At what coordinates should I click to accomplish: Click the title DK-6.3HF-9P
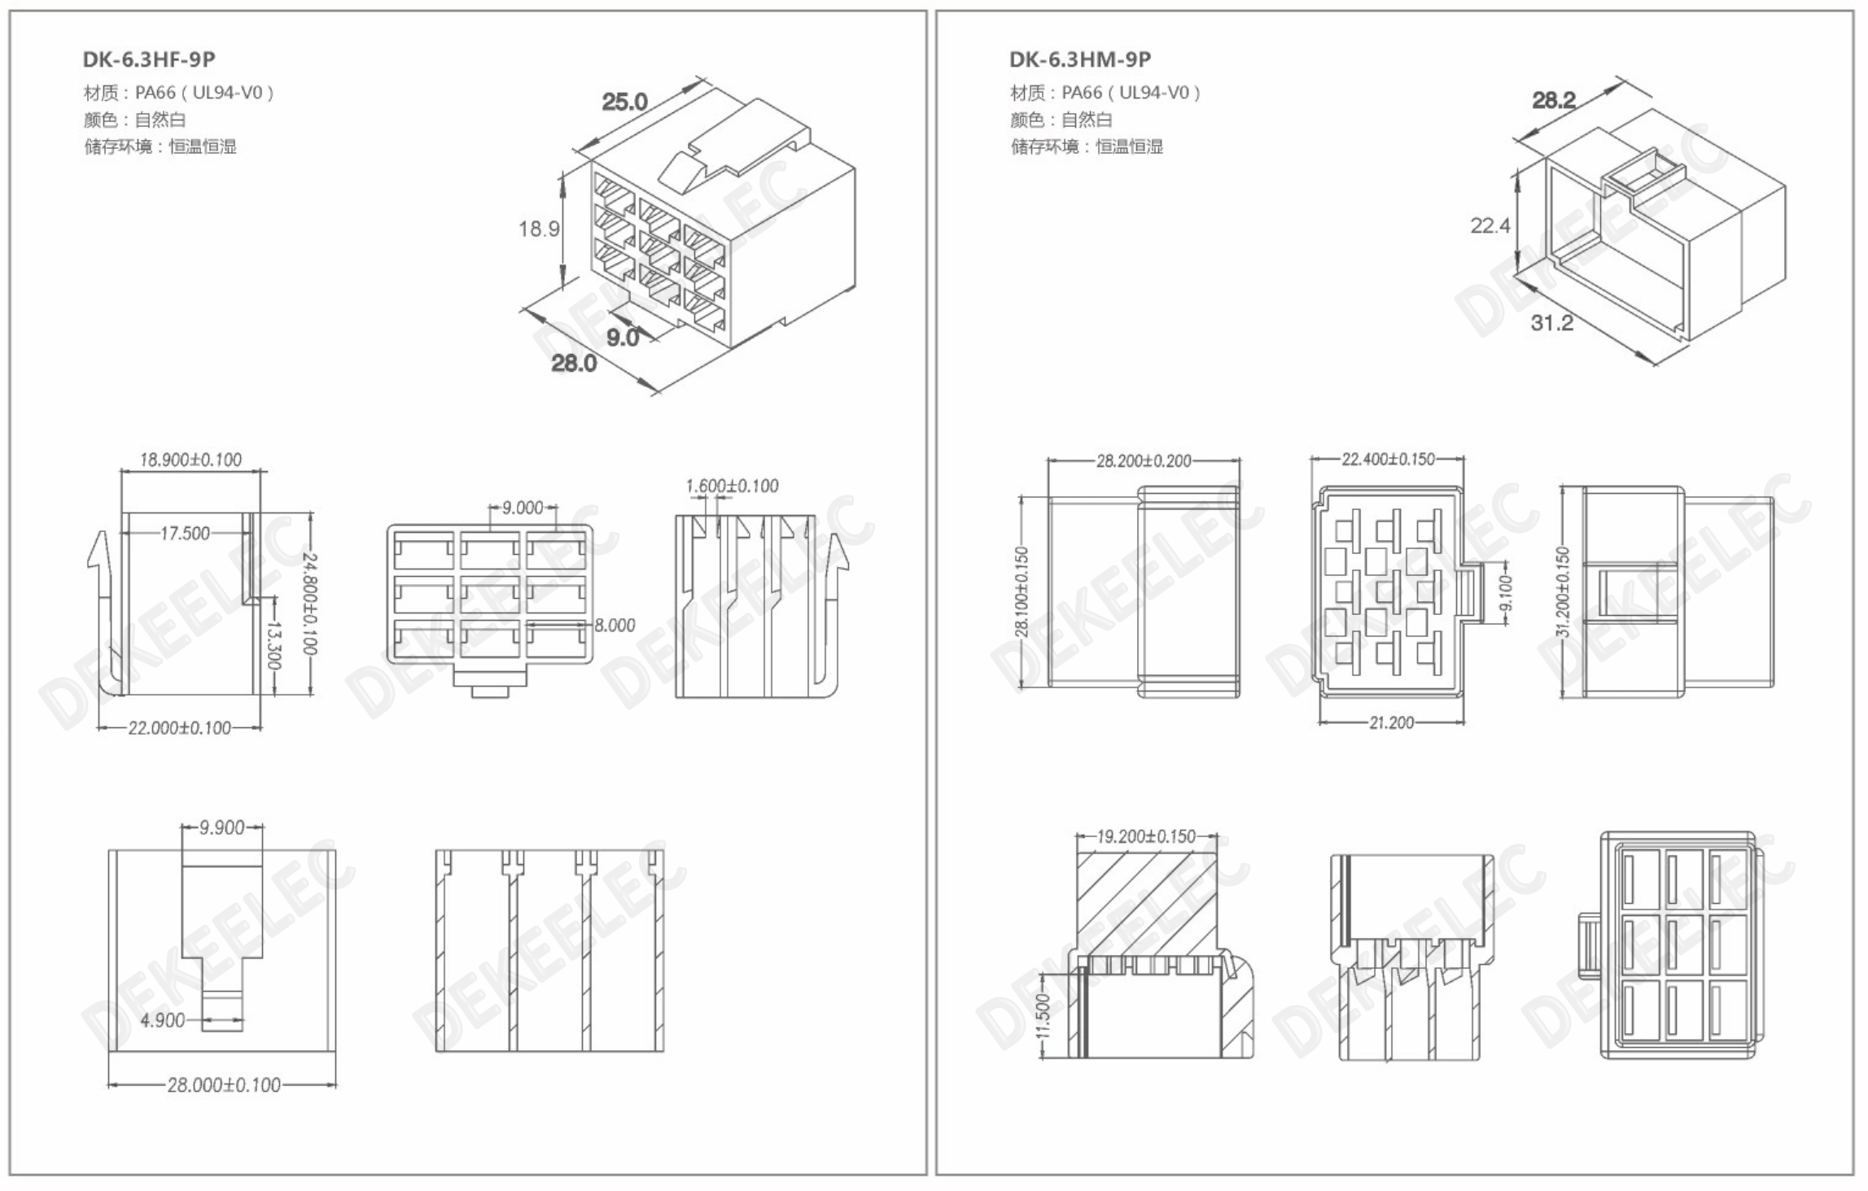(149, 59)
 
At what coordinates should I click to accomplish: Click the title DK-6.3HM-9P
(1080, 59)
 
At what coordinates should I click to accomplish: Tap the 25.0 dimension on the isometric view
(624, 102)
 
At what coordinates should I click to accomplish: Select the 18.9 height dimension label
(539, 229)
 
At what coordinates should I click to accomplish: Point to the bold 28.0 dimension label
(574, 363)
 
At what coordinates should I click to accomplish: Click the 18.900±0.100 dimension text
(190, 460)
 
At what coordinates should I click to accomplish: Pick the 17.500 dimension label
(185, 533)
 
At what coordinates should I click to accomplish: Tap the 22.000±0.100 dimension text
(180, 727)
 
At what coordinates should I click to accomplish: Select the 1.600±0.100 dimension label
(732, 486)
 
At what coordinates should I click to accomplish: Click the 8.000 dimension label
(615, 625)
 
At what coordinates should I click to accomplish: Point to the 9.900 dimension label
(222, 827)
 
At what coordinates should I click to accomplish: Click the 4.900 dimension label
(163, 1020)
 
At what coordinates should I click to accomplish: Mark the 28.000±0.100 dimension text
(224, 1084)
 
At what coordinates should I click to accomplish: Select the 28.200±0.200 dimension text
(1144, 461)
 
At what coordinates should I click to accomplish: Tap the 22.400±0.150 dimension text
(1389, 460)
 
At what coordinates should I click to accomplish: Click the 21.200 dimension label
(1392, 722)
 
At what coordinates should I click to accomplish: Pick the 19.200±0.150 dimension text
(1147, 836)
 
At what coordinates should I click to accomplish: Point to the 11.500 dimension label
(1043, 1015)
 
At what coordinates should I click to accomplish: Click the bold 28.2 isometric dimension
(1555, 100)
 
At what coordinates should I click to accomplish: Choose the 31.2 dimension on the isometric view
(1552, 323)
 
